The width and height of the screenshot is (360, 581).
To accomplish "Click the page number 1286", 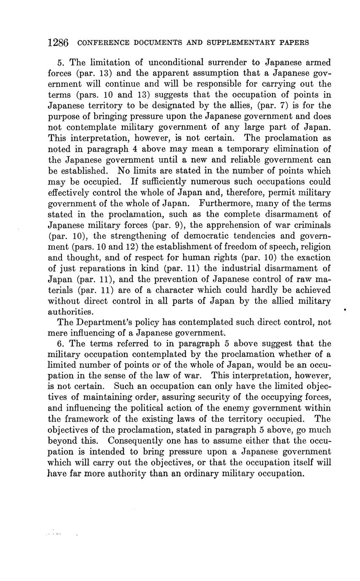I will point(59,43).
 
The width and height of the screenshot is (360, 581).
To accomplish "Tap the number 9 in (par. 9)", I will point(163,225).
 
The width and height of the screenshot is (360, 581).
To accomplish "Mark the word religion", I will point(310,247).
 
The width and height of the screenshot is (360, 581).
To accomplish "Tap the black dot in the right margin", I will point(345,310).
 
